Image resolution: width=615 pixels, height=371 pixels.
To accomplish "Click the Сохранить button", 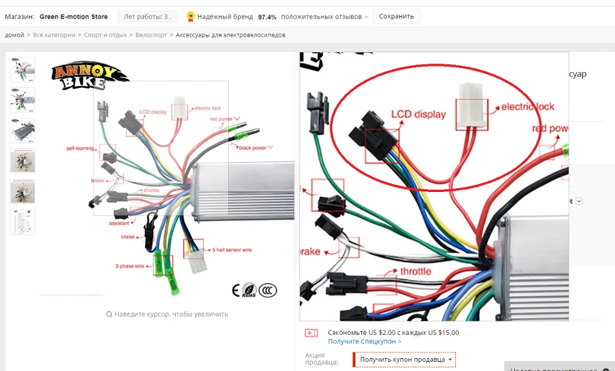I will tap(397, 17).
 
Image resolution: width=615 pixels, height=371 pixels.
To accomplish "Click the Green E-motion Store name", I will tap(73, 17).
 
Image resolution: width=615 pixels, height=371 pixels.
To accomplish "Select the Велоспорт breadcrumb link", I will tap(151, 35).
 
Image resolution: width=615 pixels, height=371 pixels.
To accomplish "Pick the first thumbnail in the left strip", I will tap(23, 70).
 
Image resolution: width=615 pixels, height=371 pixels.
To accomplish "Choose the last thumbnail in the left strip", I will tap(23, 222).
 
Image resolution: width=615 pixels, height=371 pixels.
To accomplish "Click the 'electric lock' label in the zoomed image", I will tap(528, 106).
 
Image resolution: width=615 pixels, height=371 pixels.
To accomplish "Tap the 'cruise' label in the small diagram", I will tap(129, 237).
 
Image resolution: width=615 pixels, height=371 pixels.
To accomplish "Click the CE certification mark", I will tap(236, 290).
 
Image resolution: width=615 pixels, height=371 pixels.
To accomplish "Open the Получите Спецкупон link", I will tap(365, 341).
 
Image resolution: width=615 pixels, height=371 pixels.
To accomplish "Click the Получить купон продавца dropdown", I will tap(407, 359).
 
